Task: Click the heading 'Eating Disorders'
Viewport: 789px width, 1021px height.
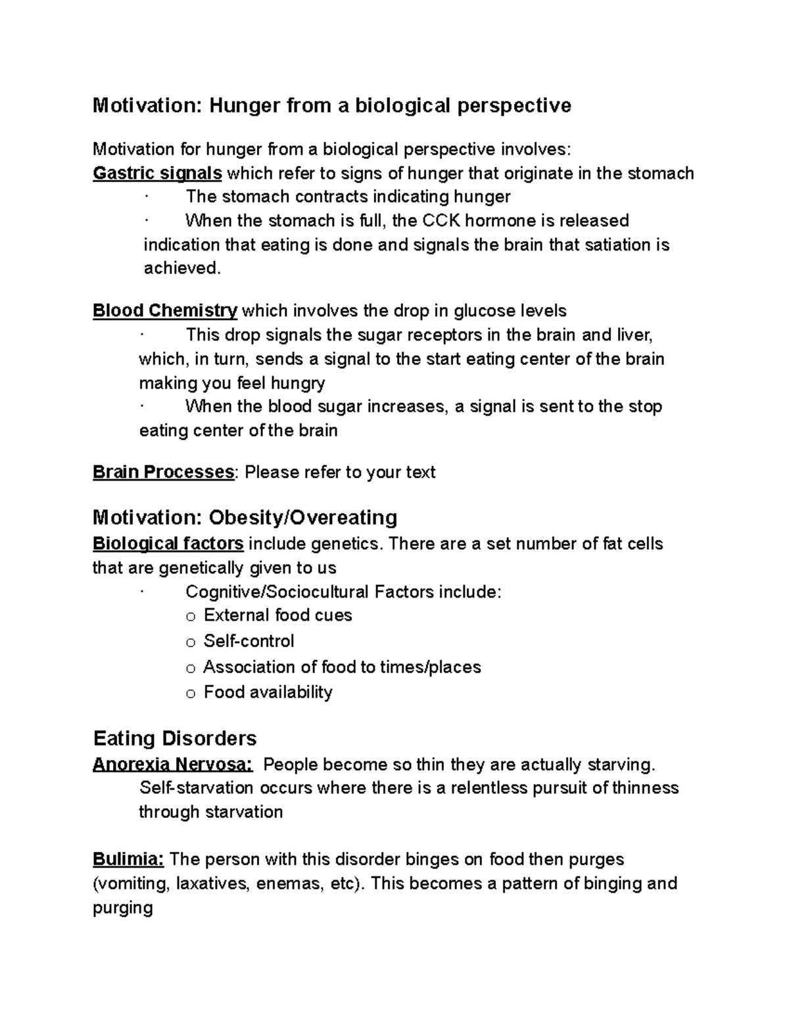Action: tap(174, 738)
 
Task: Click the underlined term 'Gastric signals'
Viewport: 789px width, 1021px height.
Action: tap(157, 174)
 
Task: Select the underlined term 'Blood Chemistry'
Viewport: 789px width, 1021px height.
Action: tap(165, 310)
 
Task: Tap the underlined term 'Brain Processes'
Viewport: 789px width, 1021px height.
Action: tap(163, 472)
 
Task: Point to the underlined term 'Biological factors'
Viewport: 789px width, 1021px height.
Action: tap(168, 544)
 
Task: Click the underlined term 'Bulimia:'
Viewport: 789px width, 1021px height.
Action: tap(128, 859)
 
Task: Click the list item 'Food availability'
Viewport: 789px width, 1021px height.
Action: tap(268, 692)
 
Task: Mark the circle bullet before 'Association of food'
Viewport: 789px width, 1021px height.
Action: tap(191, 669)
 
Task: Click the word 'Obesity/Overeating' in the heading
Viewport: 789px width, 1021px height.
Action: tap(302, 517)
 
